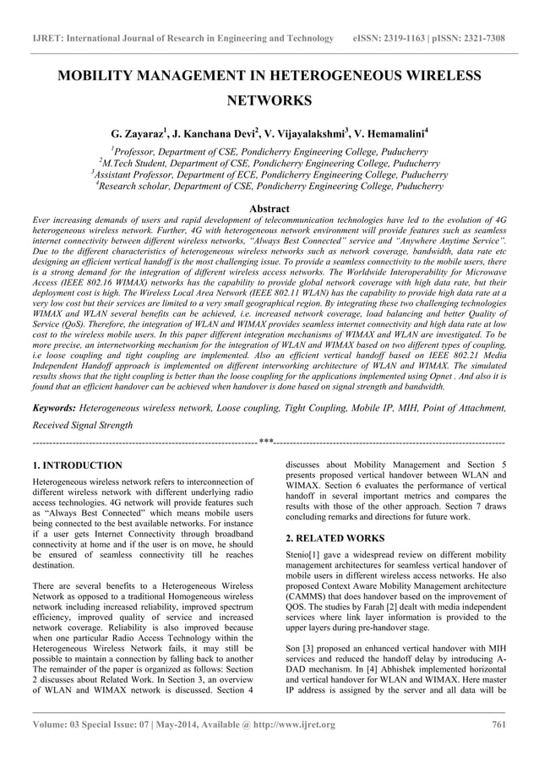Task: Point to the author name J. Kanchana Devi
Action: (x=208, y=134)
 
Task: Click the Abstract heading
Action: (x=269, y=208)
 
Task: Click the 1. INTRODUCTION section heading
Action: (x=77, y=465)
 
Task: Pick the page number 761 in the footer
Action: (x=498, y=725)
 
